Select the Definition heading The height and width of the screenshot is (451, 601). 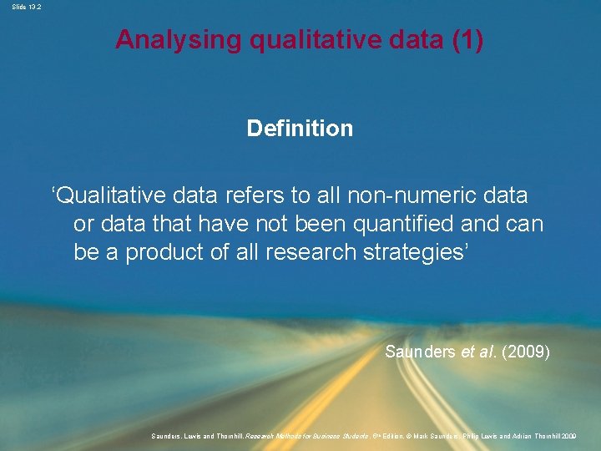point(300,129)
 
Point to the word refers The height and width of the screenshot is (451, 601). point(254,195)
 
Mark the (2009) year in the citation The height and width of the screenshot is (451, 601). point(526,352)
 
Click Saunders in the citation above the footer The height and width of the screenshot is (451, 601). point(421,352)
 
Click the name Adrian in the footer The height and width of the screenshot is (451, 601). point(518,436)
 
